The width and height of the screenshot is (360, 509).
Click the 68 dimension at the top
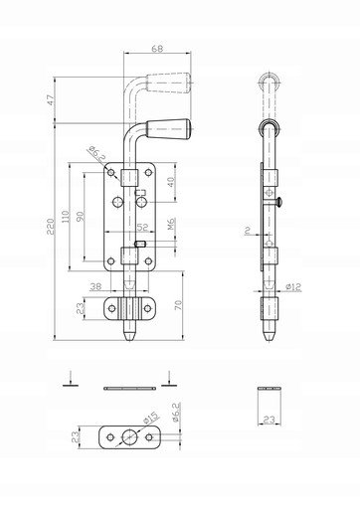click(x=157, y=49)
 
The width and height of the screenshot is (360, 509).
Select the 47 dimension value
click(x=50, y=100)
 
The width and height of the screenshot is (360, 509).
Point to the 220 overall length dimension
click(x=50, y=227)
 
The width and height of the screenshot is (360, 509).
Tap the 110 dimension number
click(x=66, y=216)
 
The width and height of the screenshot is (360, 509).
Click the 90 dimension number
click(x=81, y=216)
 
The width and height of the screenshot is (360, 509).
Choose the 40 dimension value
click(x=170, y=182)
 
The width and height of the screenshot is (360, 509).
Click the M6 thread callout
click(x=171, y=224)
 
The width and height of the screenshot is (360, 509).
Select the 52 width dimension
click(x=142, y=228)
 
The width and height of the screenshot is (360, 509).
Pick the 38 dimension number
click(x=95, y=286)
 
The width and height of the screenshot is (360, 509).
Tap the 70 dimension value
click(x=178, y=305)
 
